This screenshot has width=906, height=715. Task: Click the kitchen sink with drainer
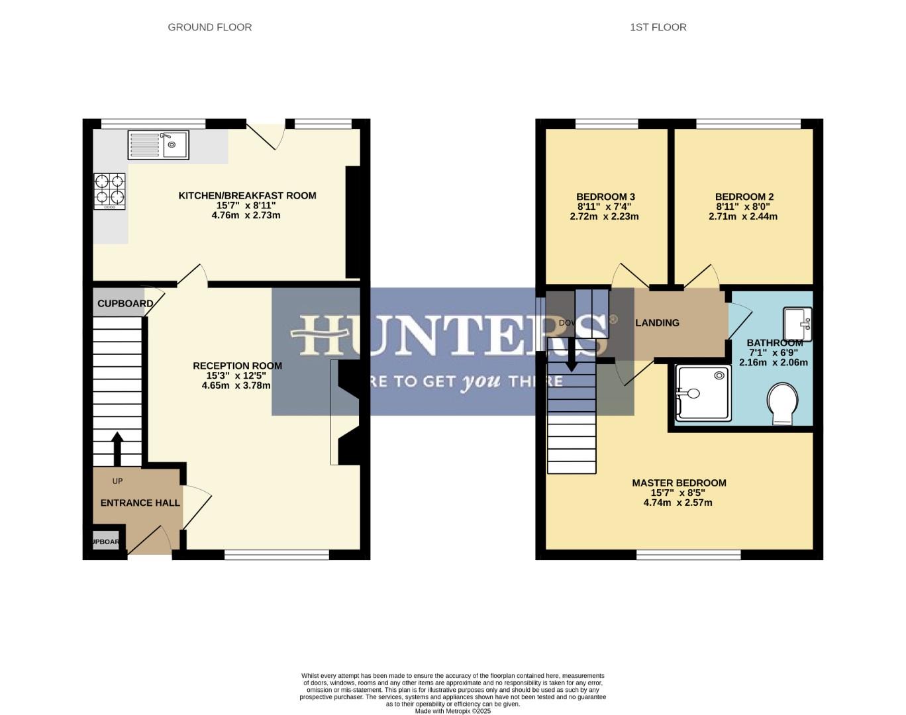[158, 145]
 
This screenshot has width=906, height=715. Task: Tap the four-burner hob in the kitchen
[109, 191]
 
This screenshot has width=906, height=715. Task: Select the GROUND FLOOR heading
[209, 27]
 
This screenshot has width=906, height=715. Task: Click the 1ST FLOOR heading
[658, 27]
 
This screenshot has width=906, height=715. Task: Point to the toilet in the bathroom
[782, 403]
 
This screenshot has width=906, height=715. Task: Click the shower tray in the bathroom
[703, 393]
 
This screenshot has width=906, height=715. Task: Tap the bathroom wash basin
[797, 323]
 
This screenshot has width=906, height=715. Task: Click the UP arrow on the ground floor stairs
[117, 449]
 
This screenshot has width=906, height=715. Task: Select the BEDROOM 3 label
[605, 197]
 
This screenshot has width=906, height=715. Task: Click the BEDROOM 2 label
[744, 197]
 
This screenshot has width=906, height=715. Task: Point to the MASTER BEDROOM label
[679, 483]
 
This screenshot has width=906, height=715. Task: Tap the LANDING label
[657, 322]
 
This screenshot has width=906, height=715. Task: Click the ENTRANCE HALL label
[140, 502]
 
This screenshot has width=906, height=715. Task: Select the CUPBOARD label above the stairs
[125, 303]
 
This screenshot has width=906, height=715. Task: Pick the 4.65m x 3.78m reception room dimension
[236, 385]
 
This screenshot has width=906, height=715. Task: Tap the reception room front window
[277, 555]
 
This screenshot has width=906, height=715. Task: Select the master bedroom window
[688, 555]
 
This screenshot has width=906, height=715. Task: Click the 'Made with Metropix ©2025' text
[452, 711]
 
